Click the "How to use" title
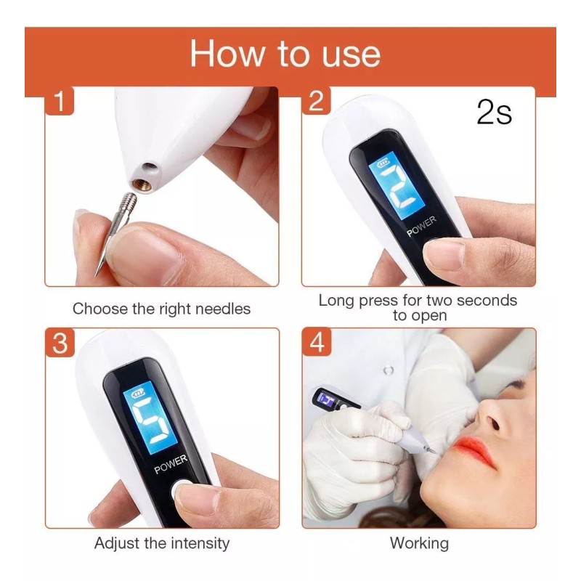285,54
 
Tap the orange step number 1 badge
60,101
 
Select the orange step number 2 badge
316,101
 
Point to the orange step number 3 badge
60,343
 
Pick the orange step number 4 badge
317,342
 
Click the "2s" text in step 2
495,112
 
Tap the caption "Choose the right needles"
161,309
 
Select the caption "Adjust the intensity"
162,543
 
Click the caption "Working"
419,543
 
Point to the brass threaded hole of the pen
142,184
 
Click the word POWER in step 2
421,227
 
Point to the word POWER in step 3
171,464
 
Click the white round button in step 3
180,489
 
